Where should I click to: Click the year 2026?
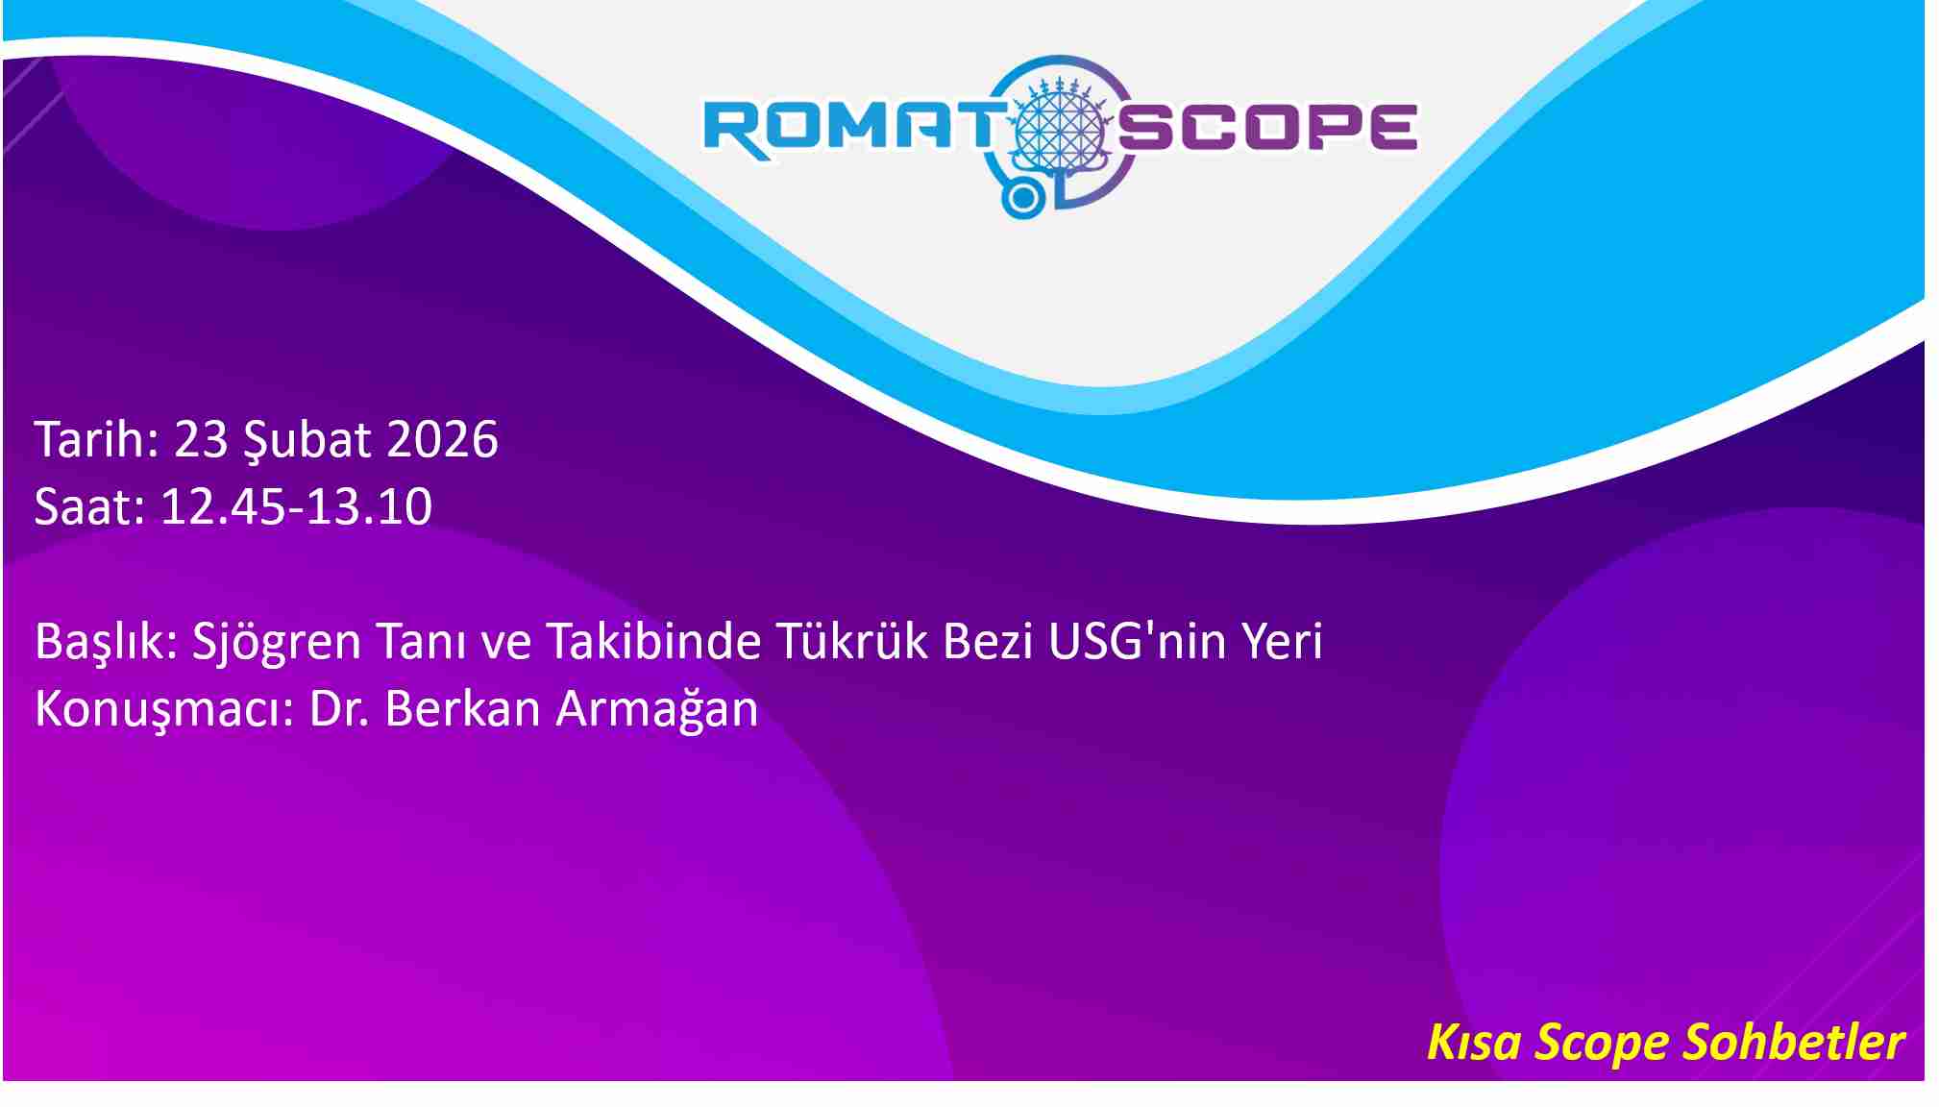coord(443,439)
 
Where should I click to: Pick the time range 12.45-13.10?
coord(296,506)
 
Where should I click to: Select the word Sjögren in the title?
coord(277,643)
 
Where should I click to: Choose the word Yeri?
coord(1282,641)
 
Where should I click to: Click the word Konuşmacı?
coord(158,710)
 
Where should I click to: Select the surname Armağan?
coord(657,711)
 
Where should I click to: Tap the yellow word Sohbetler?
coord(1795,1042)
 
